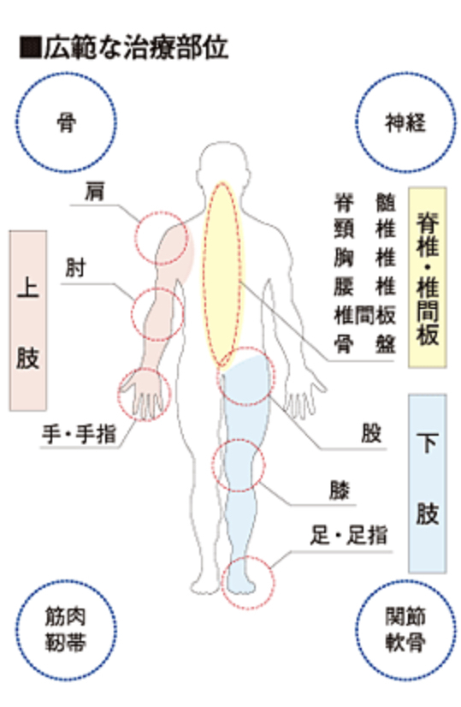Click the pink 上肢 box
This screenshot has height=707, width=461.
coord(28,321)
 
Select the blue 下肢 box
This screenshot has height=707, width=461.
coord(427,484)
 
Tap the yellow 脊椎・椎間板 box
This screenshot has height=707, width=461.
coord(427,277)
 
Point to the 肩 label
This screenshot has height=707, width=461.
coord(95,191)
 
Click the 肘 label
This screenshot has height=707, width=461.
coord(75,268)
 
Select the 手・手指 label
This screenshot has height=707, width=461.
coord(80,434)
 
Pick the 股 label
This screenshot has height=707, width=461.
coord(371,433)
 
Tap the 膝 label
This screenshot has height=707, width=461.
coord(340,490)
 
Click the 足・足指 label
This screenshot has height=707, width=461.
coord(349,536)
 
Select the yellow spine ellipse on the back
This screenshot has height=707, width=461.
coord(222,276)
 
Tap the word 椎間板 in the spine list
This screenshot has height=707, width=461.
coord(365,315)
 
